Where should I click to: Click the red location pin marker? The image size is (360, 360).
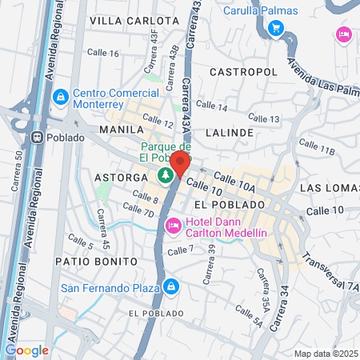coord(179,163)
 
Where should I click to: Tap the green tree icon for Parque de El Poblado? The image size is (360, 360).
coord(165,174)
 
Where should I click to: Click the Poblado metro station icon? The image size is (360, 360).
coord(37,137)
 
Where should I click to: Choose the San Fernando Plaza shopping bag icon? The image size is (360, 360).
coord(172,286)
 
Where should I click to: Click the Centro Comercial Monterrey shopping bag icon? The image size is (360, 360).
coord(59,97)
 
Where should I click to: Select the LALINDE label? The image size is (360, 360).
coord(229,132)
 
